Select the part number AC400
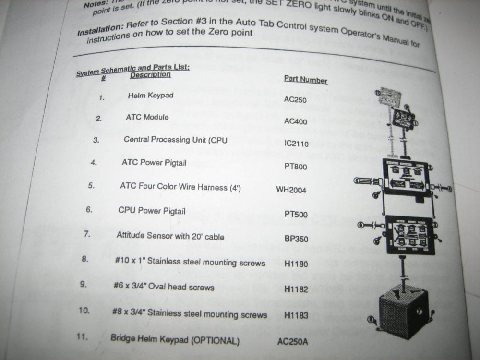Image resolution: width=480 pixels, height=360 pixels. pyautogui.click(x=295, y=121)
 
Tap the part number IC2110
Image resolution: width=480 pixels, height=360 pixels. pyautogui.click(x=296, y=144)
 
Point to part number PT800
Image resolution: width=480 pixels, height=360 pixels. pyautogui.click(x=295, y=167)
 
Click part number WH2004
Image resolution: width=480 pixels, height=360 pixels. pyautogui.click(x=291, y=190)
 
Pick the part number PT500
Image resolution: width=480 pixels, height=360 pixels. pyautogui.click(x=296, y=215)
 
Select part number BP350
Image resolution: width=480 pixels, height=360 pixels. pyautogui.click(x=296, y=239)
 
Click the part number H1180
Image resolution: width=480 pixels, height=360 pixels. pyautogui.click(x=296, y=264)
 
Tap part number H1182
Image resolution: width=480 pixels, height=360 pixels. pyautogui.click(x=296, y=289)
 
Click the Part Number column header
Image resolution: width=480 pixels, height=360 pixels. pyautogui.click(x=305, y=79)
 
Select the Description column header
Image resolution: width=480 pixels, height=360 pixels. pyautogui.click(x=150, y=74)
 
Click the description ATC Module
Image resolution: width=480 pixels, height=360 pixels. pyautogui.click(x=147, y=117)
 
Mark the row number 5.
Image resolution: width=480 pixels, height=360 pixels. pyautogui.click(x=91, y=185)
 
